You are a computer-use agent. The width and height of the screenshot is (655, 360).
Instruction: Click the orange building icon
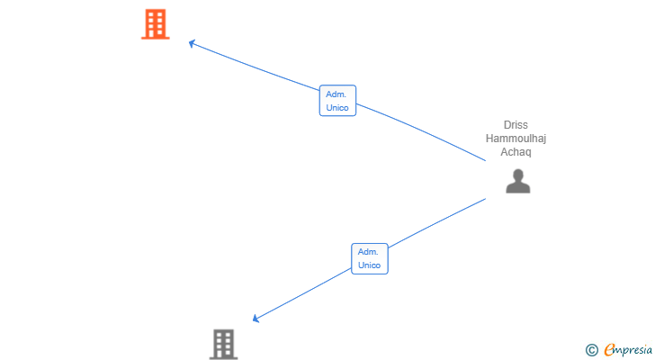tap(156, 24)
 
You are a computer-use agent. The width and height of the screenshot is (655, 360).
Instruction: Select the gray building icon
tap(223, 344)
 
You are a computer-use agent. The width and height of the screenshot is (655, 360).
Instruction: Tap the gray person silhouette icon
tap(518, 181)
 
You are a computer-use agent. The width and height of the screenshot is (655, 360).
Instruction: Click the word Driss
tap(516, 125)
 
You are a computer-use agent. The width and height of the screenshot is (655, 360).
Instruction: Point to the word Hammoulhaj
tap(516, 139)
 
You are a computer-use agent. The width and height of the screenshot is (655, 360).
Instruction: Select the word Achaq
tap(516, 151)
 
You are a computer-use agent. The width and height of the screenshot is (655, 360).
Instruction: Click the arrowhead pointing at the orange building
tap(192, 43)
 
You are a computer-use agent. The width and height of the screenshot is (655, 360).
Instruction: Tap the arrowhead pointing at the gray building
tap(256, 319)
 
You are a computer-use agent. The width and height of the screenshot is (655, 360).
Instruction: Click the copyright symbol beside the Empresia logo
tap(591, 349)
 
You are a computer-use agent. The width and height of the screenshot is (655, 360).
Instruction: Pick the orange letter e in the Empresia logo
tap(609, 349)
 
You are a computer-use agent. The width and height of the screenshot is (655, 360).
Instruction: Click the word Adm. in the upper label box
tap(336, 94)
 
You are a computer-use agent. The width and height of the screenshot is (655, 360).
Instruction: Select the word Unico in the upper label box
tap(337, 108)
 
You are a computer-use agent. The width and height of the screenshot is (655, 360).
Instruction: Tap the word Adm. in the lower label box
tap(368, 252)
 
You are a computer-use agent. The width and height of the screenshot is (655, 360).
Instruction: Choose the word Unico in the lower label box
tap(369, 265)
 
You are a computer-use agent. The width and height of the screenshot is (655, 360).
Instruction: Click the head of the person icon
tap(518, 175)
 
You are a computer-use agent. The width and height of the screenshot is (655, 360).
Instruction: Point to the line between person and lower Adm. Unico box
tap(437, 223)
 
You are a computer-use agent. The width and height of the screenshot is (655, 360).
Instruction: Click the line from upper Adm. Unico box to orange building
tap(254, 67)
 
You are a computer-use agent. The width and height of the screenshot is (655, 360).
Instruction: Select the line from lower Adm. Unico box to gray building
tap(302, 294)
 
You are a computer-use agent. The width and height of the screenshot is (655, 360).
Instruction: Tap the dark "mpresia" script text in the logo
tap(633, 351)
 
